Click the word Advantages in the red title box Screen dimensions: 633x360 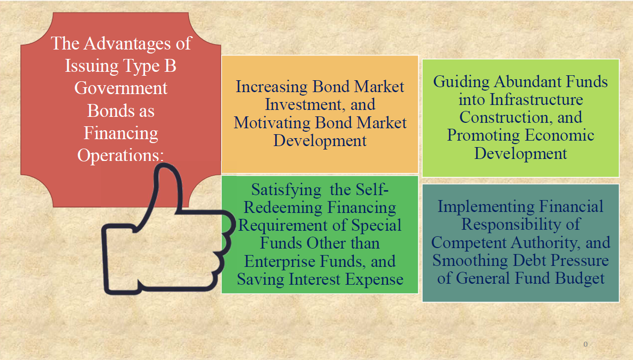coord(127,44)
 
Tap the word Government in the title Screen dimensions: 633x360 coord(121,88)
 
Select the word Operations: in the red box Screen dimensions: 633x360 coord(121,155)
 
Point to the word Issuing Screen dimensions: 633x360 coord(92,66)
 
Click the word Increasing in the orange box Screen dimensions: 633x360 coord(272,87)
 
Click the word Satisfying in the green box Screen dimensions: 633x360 coord(286,190)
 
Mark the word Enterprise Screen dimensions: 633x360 coord(280,261)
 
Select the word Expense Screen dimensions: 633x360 coord(374,280)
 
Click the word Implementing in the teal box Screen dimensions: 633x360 coord(486,206)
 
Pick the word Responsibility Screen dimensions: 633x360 coord(511,224)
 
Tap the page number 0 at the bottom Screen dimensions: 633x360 coord(585,344)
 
